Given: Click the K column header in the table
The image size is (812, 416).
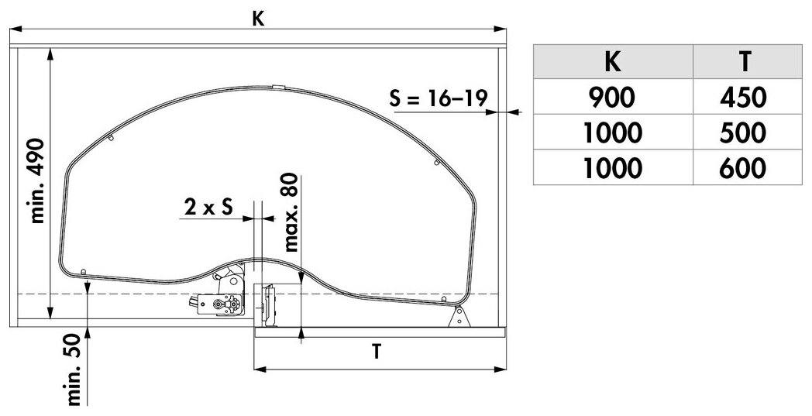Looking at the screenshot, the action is [613, 61].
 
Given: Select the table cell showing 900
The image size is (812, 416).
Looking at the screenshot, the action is [613, 97].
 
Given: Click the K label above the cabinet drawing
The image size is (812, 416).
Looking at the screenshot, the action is [258, 19].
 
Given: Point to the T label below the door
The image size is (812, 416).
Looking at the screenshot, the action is [377, 351].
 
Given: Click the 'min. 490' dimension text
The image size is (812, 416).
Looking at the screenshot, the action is [37, 180].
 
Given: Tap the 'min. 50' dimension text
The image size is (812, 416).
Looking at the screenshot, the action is [74, 369].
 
